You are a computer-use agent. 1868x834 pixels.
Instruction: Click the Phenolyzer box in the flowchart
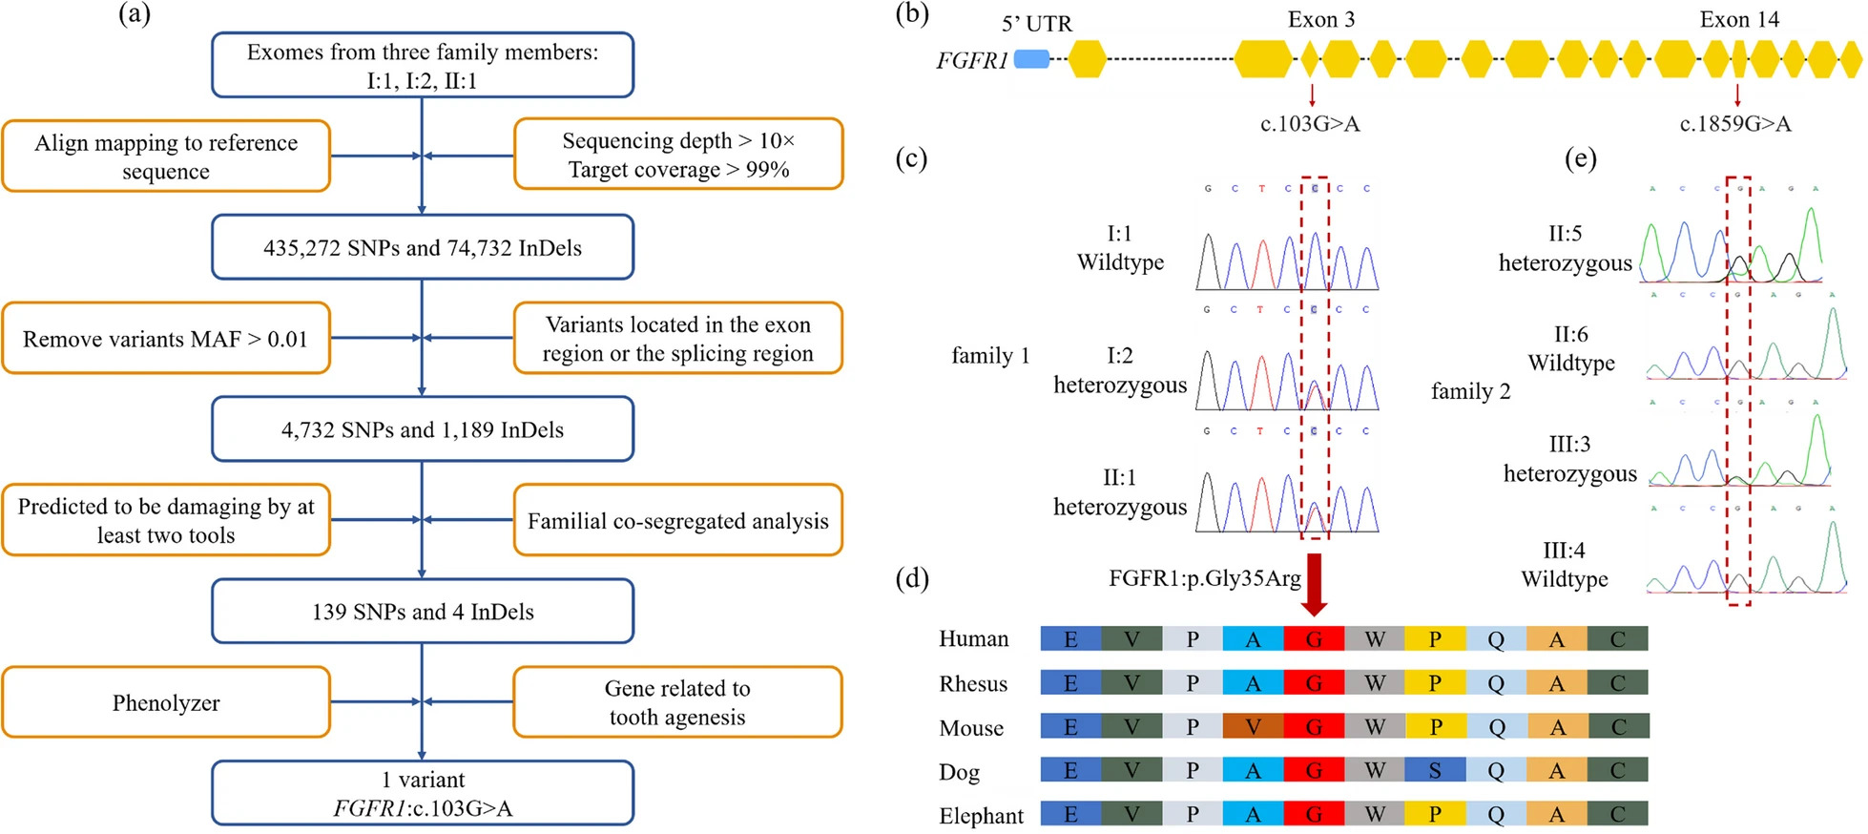tap(166, 702)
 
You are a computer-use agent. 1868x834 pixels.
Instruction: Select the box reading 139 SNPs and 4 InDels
tap(423, 611)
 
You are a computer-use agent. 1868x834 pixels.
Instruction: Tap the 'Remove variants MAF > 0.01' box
tap(166, 339)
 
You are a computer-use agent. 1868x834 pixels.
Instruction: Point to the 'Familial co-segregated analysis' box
tap(677, 520)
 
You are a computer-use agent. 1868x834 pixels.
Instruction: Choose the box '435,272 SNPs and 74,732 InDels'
tap(423, 247)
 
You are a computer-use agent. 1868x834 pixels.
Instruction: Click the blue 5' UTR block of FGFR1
tap(1031, 59)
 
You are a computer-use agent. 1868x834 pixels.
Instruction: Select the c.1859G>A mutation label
tap(1735, 124)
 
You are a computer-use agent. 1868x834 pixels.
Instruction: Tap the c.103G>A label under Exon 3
tap(1310, 124)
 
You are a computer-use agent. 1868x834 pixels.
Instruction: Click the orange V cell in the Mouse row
tap(1253, 727)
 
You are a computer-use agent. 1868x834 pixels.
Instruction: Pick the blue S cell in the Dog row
tap(1435, 771)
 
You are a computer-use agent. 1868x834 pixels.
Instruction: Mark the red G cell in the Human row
tap(1314, 638)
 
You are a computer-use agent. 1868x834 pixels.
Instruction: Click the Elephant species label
tap(981, 816)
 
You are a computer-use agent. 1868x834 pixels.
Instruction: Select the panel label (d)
tap(912, 578)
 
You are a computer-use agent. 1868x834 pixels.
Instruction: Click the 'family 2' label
tap(1470, 391)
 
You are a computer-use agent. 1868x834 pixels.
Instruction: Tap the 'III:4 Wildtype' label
tap(1565, 565)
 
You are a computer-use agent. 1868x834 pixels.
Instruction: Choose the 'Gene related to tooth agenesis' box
tap(677, 702)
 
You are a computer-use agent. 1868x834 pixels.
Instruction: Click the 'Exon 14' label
tap(1739, 19)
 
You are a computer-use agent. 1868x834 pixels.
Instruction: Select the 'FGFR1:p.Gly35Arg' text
tap(1205, 578)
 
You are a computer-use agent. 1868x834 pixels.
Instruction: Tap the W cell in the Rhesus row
tap(1375, 683)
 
